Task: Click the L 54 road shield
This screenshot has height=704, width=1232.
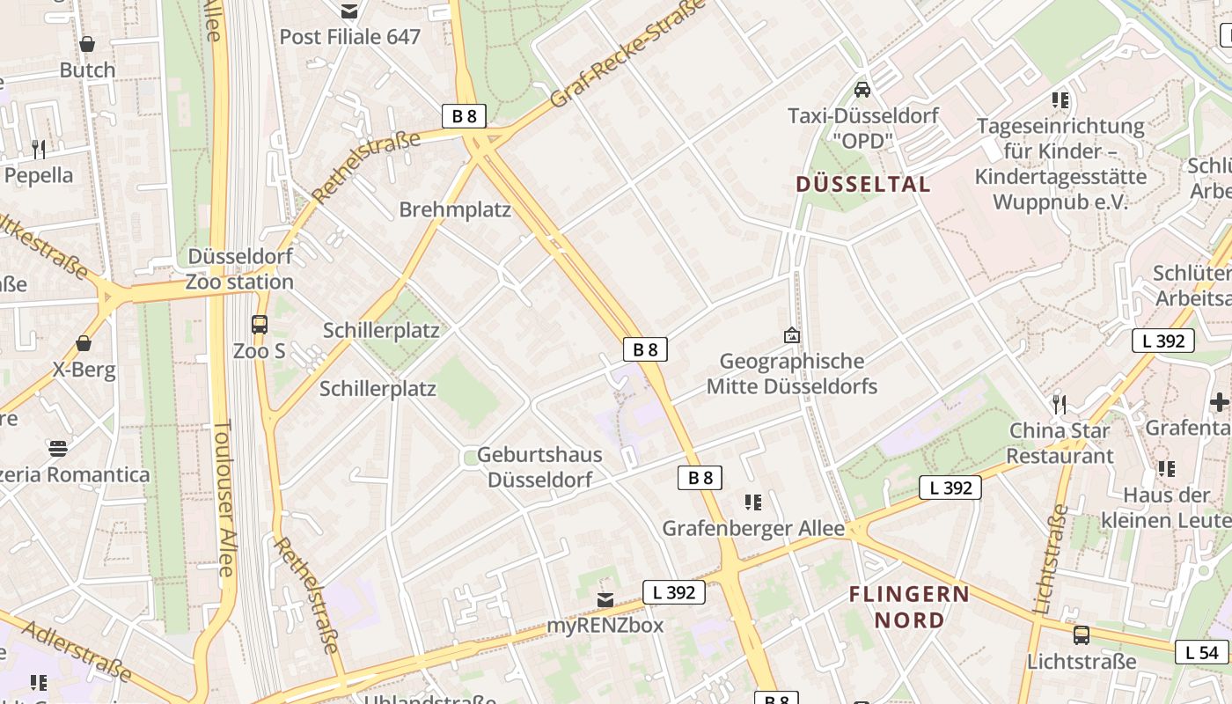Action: coord(1201,652)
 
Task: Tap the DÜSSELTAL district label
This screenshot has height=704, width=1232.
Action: coord(862,184)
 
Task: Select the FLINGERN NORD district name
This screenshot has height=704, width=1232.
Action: coord(909,607)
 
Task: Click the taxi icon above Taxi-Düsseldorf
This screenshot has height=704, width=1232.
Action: coord(862,89)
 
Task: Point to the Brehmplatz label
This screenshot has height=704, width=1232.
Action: coord(455,209)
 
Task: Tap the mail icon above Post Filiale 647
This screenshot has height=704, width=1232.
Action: coord(350,11)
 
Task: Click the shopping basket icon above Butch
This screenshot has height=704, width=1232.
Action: coord(87,44)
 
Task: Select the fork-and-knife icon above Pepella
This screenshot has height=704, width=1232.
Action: coord(39,149)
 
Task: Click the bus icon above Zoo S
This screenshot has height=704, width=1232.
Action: coord(260,325)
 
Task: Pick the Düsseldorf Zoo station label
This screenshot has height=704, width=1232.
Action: coord(240,269)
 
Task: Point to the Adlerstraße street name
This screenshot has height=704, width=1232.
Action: coord(77,651)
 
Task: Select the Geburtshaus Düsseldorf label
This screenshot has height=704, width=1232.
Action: coord(539,467)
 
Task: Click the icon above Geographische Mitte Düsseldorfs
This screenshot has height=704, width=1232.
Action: coord(792,335)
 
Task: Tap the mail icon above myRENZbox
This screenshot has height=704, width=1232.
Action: coord(605,599)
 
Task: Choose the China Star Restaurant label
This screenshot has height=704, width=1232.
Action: coord(1060,444)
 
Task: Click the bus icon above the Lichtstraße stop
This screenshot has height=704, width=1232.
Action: coord(1082,634)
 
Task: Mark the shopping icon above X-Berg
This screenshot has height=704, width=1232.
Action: coord(84,343)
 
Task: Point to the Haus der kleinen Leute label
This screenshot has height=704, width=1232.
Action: coord(1177,507)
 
